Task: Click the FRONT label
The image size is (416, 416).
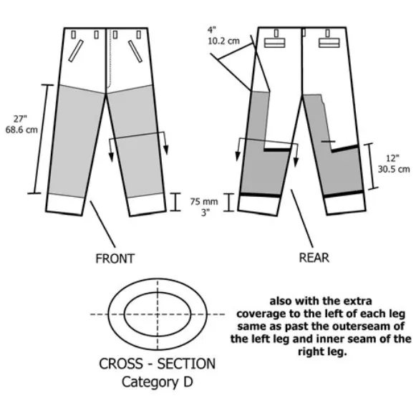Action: point(115,258)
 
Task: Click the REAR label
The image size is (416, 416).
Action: point(314,258)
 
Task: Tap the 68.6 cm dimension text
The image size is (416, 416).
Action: point(21,130)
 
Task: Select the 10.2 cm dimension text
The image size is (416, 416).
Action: point(223,41)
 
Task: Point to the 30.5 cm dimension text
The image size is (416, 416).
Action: point(394,169)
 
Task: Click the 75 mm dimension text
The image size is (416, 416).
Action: point(204,202)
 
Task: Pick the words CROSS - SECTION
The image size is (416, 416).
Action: point(157,364)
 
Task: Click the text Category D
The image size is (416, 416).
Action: point(157,382)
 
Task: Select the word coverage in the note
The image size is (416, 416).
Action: point(261,314)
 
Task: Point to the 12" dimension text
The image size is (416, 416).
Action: point(392,158)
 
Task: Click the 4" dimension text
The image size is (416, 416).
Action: point(212,30)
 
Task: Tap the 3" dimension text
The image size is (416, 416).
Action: point(205,212)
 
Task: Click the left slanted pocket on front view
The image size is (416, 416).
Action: point(76,51)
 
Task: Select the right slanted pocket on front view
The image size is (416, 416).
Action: point(135,52)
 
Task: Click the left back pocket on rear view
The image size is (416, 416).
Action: point(275,43)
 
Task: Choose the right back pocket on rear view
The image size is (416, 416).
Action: point(329,43)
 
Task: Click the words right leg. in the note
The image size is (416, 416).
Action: point(322,352)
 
